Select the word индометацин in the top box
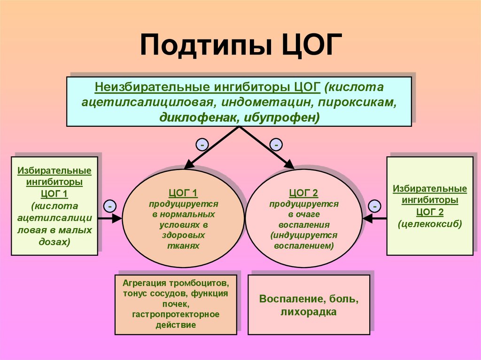pos(261,102)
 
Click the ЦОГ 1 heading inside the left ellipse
pos(183,193)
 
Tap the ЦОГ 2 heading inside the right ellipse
pos(303,193)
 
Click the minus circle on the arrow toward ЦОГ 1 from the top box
pos(202,145)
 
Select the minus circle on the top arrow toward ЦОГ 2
pos(277,145)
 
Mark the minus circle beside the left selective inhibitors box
pos(109,206)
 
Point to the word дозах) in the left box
pos(54,242)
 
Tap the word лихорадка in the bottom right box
pos(309,312)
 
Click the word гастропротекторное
pos(176,314)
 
